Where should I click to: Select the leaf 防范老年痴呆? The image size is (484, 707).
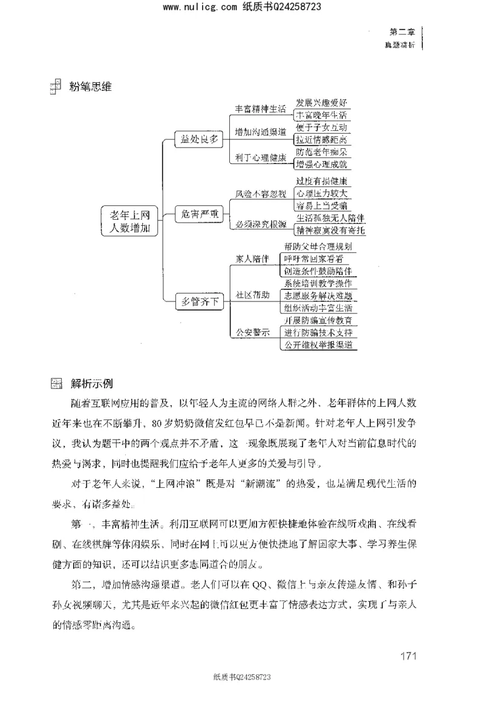(x=321, y=151)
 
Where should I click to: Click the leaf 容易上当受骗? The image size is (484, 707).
(x=321, y=206)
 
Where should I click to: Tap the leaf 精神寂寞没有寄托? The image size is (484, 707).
(x=330, y=230)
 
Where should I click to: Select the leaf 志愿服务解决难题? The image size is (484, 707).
(x=319, y=295)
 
